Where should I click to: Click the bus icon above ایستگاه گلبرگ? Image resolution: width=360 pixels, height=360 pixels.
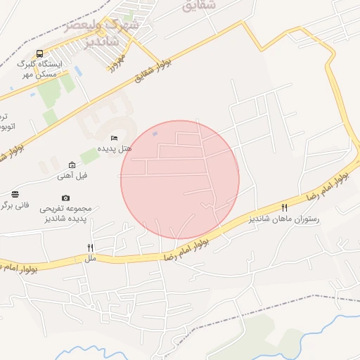[40, 53]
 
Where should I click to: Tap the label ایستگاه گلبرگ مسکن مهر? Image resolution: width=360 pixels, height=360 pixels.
[40, 68]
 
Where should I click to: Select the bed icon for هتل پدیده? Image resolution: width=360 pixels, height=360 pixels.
[115, 138]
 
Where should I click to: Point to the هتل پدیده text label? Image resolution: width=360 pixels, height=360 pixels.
[114, 149]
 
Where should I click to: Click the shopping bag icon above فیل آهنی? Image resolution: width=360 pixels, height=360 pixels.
[72, 165]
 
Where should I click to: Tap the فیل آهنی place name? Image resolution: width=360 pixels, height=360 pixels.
[72, 176]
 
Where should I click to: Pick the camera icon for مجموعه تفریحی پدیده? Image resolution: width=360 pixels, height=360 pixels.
[66, 198]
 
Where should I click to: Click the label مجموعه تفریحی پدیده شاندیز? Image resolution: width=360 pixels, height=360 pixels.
[65, 214]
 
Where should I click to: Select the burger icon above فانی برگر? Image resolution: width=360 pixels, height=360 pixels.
[15, 194]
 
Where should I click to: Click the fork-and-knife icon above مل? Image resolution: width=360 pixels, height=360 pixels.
[90, 247]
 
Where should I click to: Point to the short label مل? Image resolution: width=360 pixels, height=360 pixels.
[90, 259]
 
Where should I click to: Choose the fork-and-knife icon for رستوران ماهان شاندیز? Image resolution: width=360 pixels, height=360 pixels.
[284, 207]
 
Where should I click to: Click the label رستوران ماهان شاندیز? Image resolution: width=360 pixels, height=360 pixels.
[284, 219]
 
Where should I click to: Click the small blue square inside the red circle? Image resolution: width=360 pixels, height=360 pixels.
[155, 134]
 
